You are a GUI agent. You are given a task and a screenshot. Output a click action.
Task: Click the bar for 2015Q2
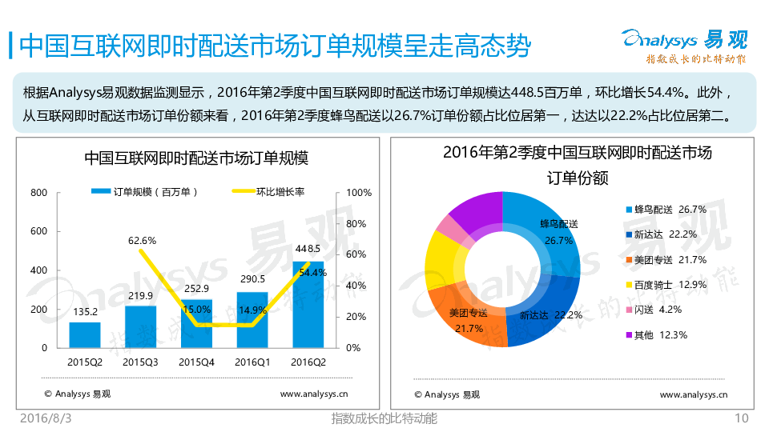click(85, 334)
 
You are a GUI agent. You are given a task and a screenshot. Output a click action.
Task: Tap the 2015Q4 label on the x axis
click(196, 362)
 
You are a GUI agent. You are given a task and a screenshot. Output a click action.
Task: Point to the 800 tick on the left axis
click(39, 193)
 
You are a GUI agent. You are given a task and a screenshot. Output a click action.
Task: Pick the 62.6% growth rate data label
click(142, 240)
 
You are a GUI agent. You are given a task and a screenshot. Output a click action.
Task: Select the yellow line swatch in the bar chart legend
click(243, 191)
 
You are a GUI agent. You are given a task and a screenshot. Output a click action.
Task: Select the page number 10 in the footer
click(741, 418)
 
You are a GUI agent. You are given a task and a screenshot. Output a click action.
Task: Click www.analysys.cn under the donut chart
click(694, 394)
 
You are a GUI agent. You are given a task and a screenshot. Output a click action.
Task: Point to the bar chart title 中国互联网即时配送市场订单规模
click(196, 158)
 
